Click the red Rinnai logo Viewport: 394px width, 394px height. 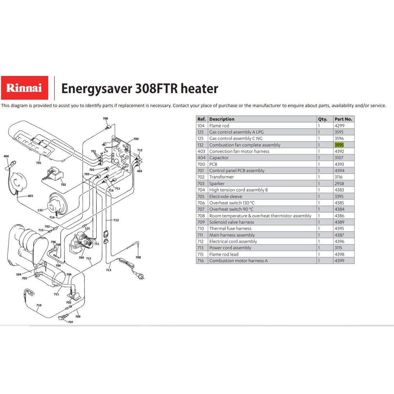tap(24, 88)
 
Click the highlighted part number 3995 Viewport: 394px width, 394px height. tap(339, 145)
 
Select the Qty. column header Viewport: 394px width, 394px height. tap(323, 119)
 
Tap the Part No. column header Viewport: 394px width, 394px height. tap(343, 119)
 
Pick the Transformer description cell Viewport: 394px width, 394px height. tap(221, 177)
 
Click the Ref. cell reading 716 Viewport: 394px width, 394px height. tap(201, 260)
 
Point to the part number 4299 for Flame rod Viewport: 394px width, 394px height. tap(339, 126)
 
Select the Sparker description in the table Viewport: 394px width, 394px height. tap(217, 183)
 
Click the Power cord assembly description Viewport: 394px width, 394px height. tap(230, 248)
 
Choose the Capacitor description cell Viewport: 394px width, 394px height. tap(219, 158)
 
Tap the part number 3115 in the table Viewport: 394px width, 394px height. tap(338, 248)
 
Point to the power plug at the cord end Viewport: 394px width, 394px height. tap(141, 277)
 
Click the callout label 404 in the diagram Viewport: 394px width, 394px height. tap(6, 156)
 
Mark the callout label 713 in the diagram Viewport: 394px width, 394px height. tap(108, 270)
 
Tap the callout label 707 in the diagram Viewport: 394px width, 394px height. tap(71, 322)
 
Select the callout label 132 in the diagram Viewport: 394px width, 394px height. tap(40, 210)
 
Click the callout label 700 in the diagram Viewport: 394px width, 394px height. tap(136, 139)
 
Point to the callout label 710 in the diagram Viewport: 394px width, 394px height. tap(39, 305)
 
